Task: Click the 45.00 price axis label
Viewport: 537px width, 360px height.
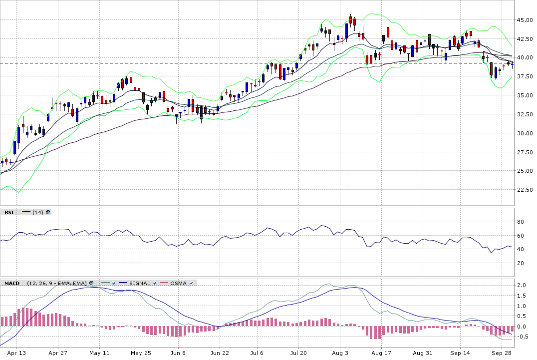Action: (x=526, y=20)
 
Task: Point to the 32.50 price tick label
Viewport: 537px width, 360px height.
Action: (x=526, y=114)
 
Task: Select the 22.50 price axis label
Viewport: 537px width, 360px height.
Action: (x=526, y=190)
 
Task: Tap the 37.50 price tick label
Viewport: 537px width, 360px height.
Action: (x=526, y=76)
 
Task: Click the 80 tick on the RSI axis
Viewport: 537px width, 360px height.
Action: (x=521, y=222)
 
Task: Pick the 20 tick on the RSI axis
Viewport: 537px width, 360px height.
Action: (x=521, y=263)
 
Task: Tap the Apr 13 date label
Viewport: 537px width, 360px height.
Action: (x=16, y=353)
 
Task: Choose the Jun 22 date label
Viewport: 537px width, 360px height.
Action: (x=219, y=353)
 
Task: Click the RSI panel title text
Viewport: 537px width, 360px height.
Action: (x=9, y=212)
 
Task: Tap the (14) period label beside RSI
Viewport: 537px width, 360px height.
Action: (x=37, y=212)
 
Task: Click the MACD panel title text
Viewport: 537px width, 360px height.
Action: (x=11, y=283)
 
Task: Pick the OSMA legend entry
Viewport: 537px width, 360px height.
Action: (x=178, y=283)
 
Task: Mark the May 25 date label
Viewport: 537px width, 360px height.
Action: (x=141, y=353)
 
